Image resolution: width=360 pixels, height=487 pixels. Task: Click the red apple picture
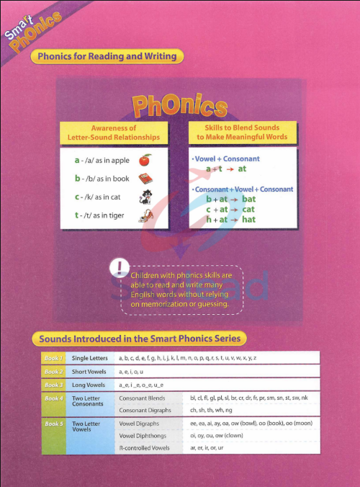tap(145, 159)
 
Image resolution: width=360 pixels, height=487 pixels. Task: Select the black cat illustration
tap(145, 196)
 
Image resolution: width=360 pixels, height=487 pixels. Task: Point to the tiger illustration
tap(145, 215)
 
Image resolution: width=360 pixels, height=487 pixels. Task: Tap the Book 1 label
tap(54, 358)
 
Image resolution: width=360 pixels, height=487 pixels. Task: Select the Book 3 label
tap(54, 385)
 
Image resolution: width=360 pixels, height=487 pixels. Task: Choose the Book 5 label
tap(54, 424)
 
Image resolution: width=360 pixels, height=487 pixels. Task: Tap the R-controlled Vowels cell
tap(145, 448)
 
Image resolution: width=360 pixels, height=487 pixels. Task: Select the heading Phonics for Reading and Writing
tap(107, 56)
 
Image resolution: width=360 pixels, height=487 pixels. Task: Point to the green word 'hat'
tap(248, 219)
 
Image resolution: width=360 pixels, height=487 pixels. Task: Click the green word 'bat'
tap(248, 198)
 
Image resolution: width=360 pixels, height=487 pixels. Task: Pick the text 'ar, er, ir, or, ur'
tap(207, 448)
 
